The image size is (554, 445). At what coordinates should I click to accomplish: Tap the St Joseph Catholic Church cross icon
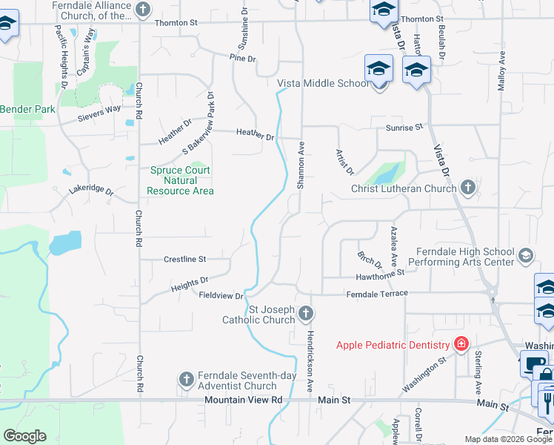[x=305, y=315]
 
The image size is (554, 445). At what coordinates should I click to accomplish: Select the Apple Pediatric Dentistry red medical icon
[x=461, y=344]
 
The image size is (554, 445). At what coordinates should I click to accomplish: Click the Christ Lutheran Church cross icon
[x=467, y=188]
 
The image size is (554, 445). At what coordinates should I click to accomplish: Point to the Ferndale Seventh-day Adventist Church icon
[x=186, y=380]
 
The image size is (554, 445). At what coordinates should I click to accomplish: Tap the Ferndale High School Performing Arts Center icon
[x=525, y=256]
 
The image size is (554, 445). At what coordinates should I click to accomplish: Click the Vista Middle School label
[x=322, y=83]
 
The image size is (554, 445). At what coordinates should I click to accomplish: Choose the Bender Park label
[x=27, y=109]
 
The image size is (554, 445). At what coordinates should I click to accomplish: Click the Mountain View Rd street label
[x=244, y=400]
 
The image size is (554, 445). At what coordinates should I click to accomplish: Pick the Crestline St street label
[x=184, y=260]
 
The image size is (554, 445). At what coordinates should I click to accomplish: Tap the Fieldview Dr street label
[x=221, y=295]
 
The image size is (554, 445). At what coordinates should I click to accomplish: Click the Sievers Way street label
[x=100, y=113]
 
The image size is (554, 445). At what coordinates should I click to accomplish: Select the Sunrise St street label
[x=404, y=128]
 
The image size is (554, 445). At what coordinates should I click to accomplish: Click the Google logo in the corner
[x=24, y=436]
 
